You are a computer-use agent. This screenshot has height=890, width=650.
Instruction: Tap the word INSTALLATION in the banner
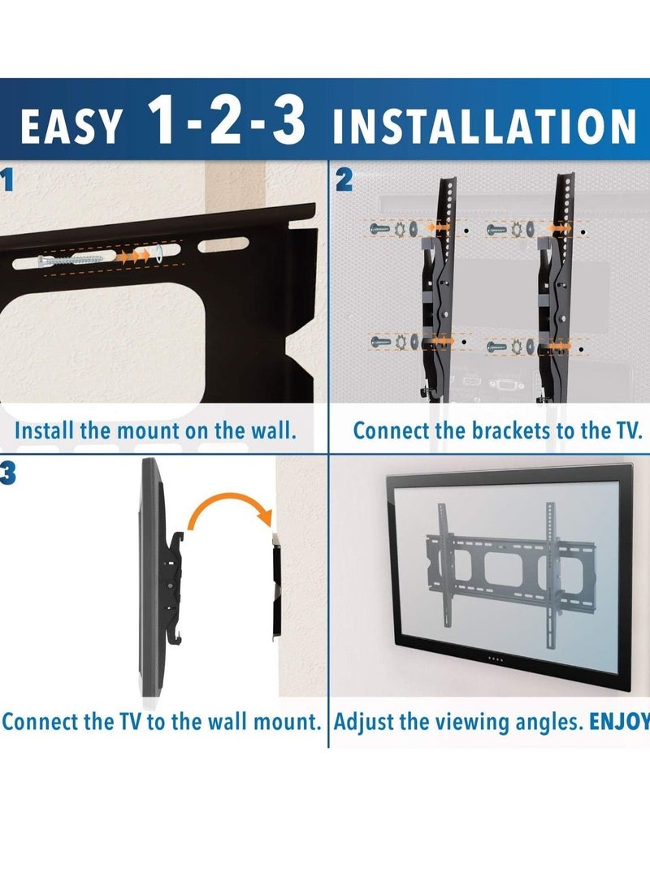click(x=484, y=128)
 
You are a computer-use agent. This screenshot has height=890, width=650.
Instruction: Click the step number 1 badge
click(x=7, y=180)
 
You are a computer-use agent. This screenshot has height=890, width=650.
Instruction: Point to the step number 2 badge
click(x=344, y=180)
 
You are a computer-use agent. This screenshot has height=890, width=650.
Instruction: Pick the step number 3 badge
click(x=7, y=473)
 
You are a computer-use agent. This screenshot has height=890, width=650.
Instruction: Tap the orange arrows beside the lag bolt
click(x=133, y=256)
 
